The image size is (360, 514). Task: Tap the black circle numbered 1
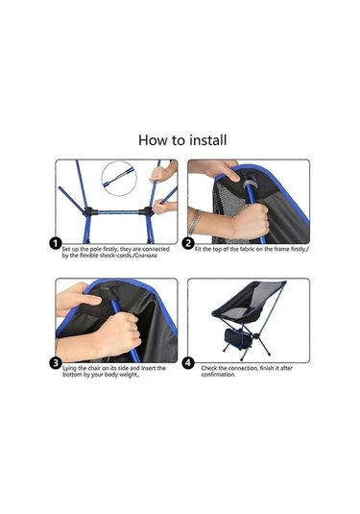coord(57,245)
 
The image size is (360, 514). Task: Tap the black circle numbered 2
coord(187,245)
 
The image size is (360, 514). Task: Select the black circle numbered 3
coord(57,363)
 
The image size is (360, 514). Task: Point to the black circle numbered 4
coord(187,363)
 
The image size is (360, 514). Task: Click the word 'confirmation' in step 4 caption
coord(218,375)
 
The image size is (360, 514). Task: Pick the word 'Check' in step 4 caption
coord(210,367)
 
